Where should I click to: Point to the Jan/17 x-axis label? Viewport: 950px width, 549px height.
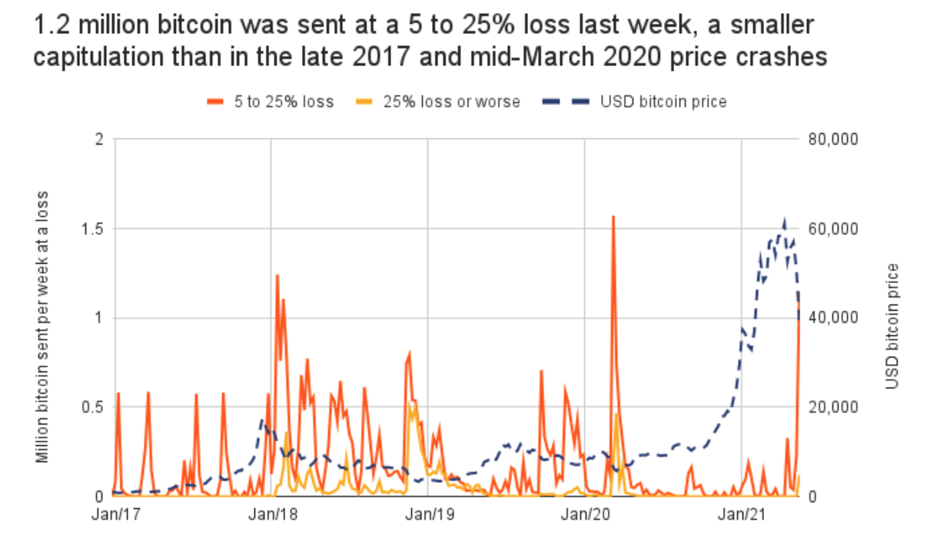[114, 514]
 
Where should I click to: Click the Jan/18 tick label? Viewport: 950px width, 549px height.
[271, 514]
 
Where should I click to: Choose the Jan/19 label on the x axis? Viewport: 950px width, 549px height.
[428, 514]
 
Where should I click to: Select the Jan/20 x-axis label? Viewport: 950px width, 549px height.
[586, 514]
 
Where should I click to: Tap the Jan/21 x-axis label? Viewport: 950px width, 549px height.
[742, 514]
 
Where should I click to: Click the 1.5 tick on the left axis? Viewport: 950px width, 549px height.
[95, 229]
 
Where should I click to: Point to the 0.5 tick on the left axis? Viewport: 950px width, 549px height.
[95, 407]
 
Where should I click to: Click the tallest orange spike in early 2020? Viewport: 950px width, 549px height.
[613, 217]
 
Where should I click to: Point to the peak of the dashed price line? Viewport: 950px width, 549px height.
[785, 219]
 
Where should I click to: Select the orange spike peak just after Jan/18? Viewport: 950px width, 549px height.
[277, 275]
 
